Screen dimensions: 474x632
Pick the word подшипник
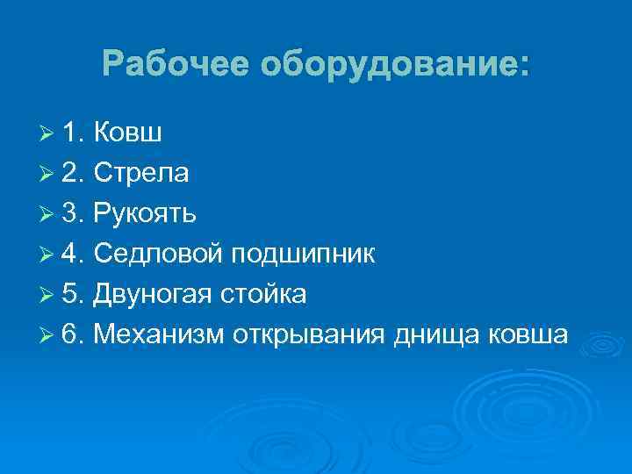pos(304,255)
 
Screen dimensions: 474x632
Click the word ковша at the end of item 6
pos(534,335)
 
